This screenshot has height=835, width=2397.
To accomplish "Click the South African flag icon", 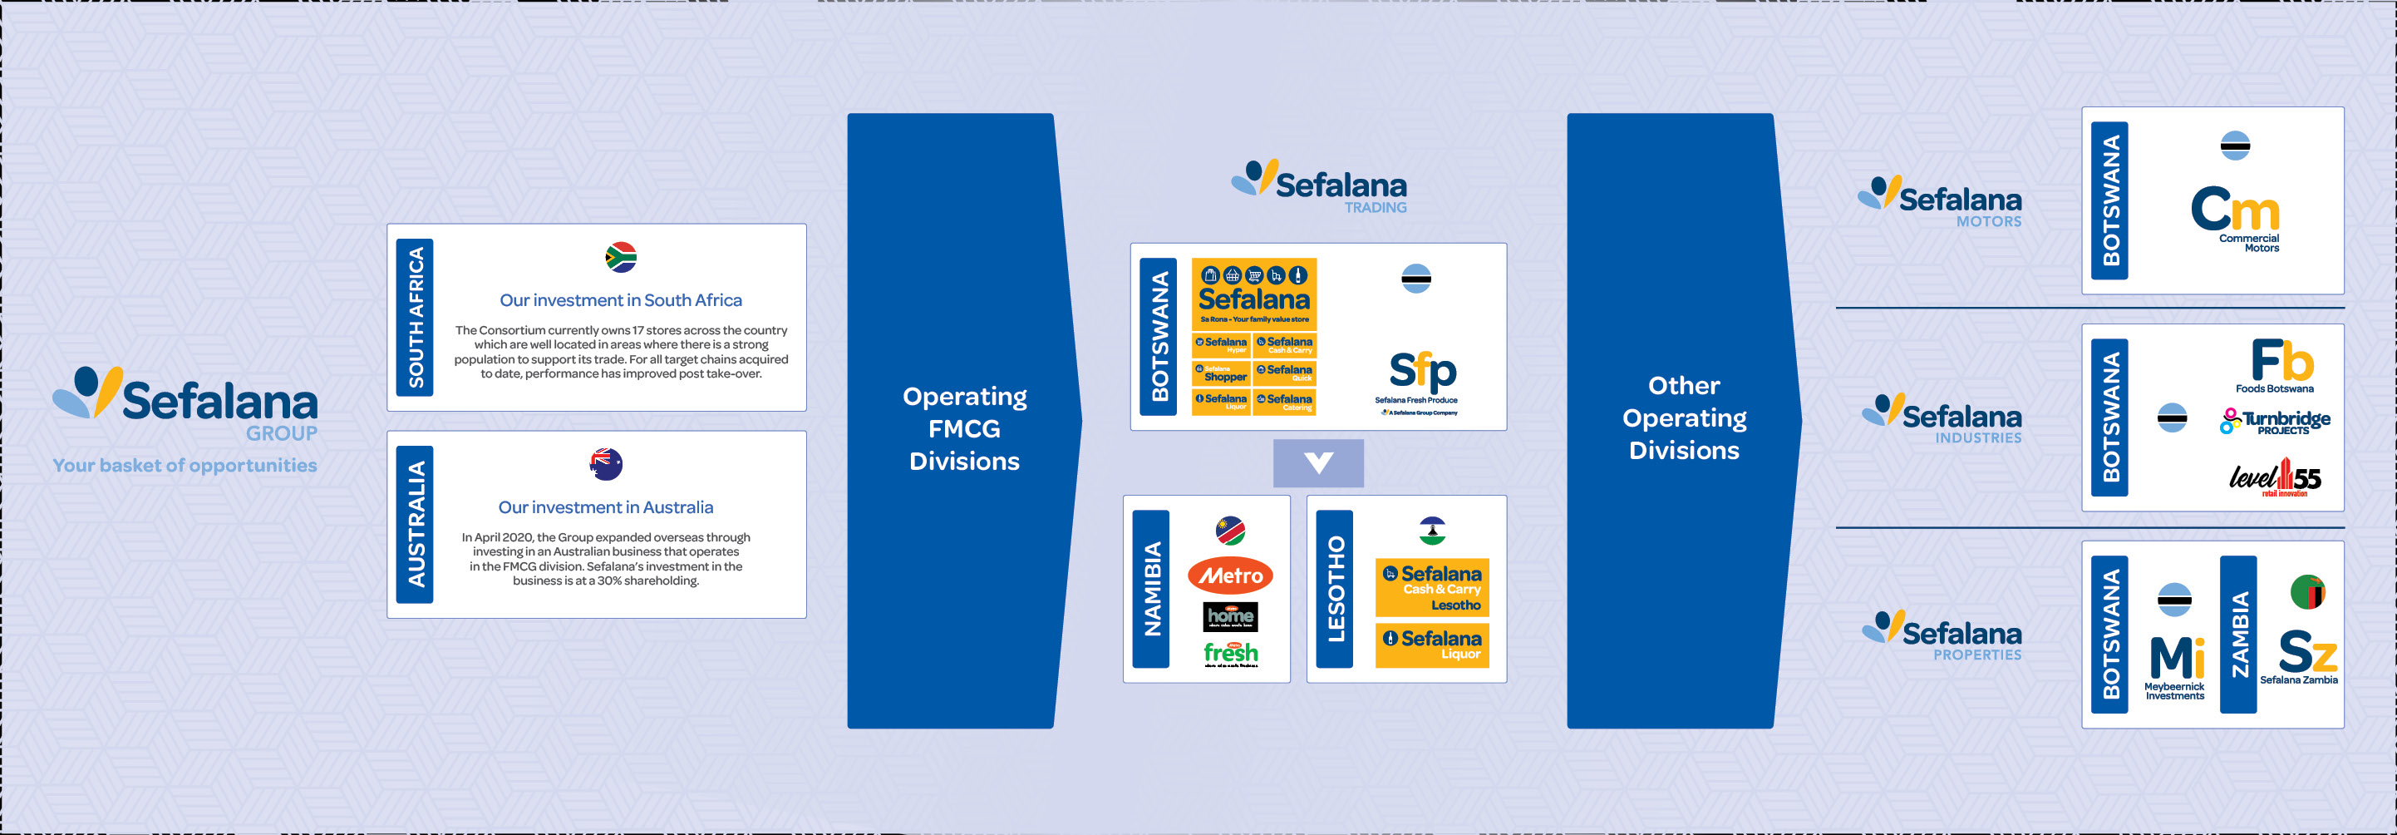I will click(621, 257).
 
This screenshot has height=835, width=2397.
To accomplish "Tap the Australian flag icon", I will click(606, 463).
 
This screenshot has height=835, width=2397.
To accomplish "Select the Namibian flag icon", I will click(1230, 531).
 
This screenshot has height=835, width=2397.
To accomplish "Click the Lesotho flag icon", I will click(1431, 531).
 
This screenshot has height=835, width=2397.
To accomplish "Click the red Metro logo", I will click(1230, 576).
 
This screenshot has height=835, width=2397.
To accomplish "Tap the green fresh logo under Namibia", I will click(1230, 654).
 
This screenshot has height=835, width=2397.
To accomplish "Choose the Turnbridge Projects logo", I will click(2276, 422).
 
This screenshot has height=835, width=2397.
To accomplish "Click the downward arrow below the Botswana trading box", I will click(1317, 462).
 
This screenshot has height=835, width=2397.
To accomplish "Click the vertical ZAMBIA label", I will click(2238, 634).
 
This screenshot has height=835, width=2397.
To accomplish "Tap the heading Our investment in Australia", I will click(606, 507).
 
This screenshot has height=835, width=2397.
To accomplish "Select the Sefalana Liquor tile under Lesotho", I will click(1431, 645).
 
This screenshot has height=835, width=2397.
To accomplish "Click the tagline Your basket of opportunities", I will click(185, 466).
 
